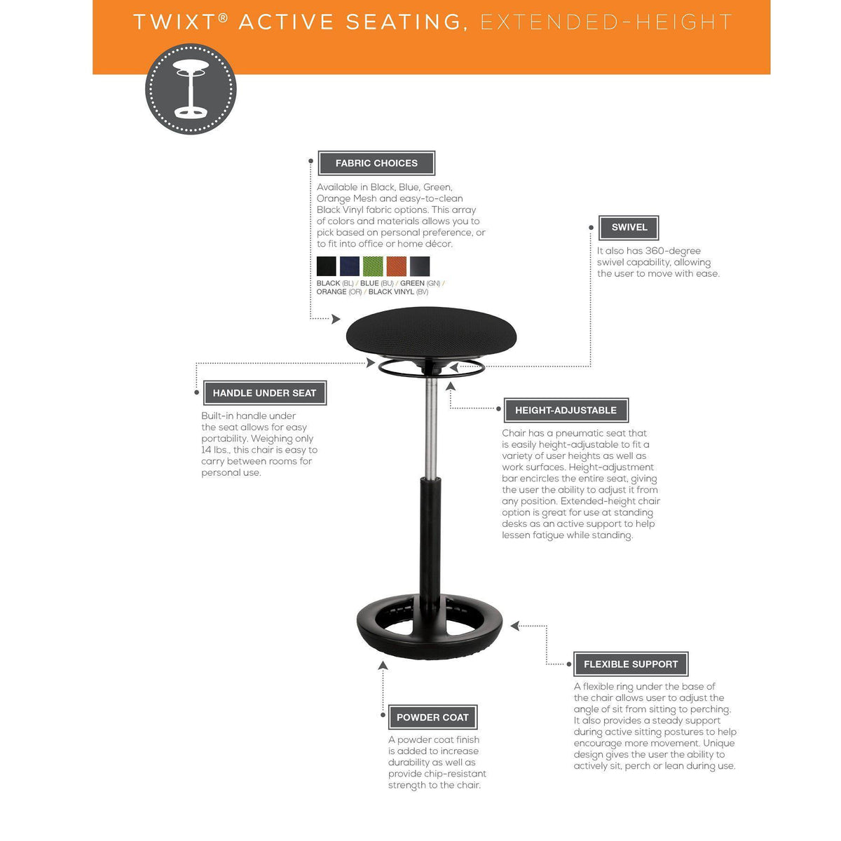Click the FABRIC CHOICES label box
(376, 163)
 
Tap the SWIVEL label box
(629, 227)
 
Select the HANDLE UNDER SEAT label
(265, 393)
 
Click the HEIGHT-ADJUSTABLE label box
(566, 411)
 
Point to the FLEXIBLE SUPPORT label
(631, 664)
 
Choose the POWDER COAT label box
(432, 718)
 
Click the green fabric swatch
(373, 266)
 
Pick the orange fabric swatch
(397, 266)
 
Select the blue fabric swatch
(350, 266)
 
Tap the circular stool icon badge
(191, 89)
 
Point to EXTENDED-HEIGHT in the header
(606, 22)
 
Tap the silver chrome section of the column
(431, 428)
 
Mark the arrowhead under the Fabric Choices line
(336, 320)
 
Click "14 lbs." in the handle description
(216, 450)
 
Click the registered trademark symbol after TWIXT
(223, 16)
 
